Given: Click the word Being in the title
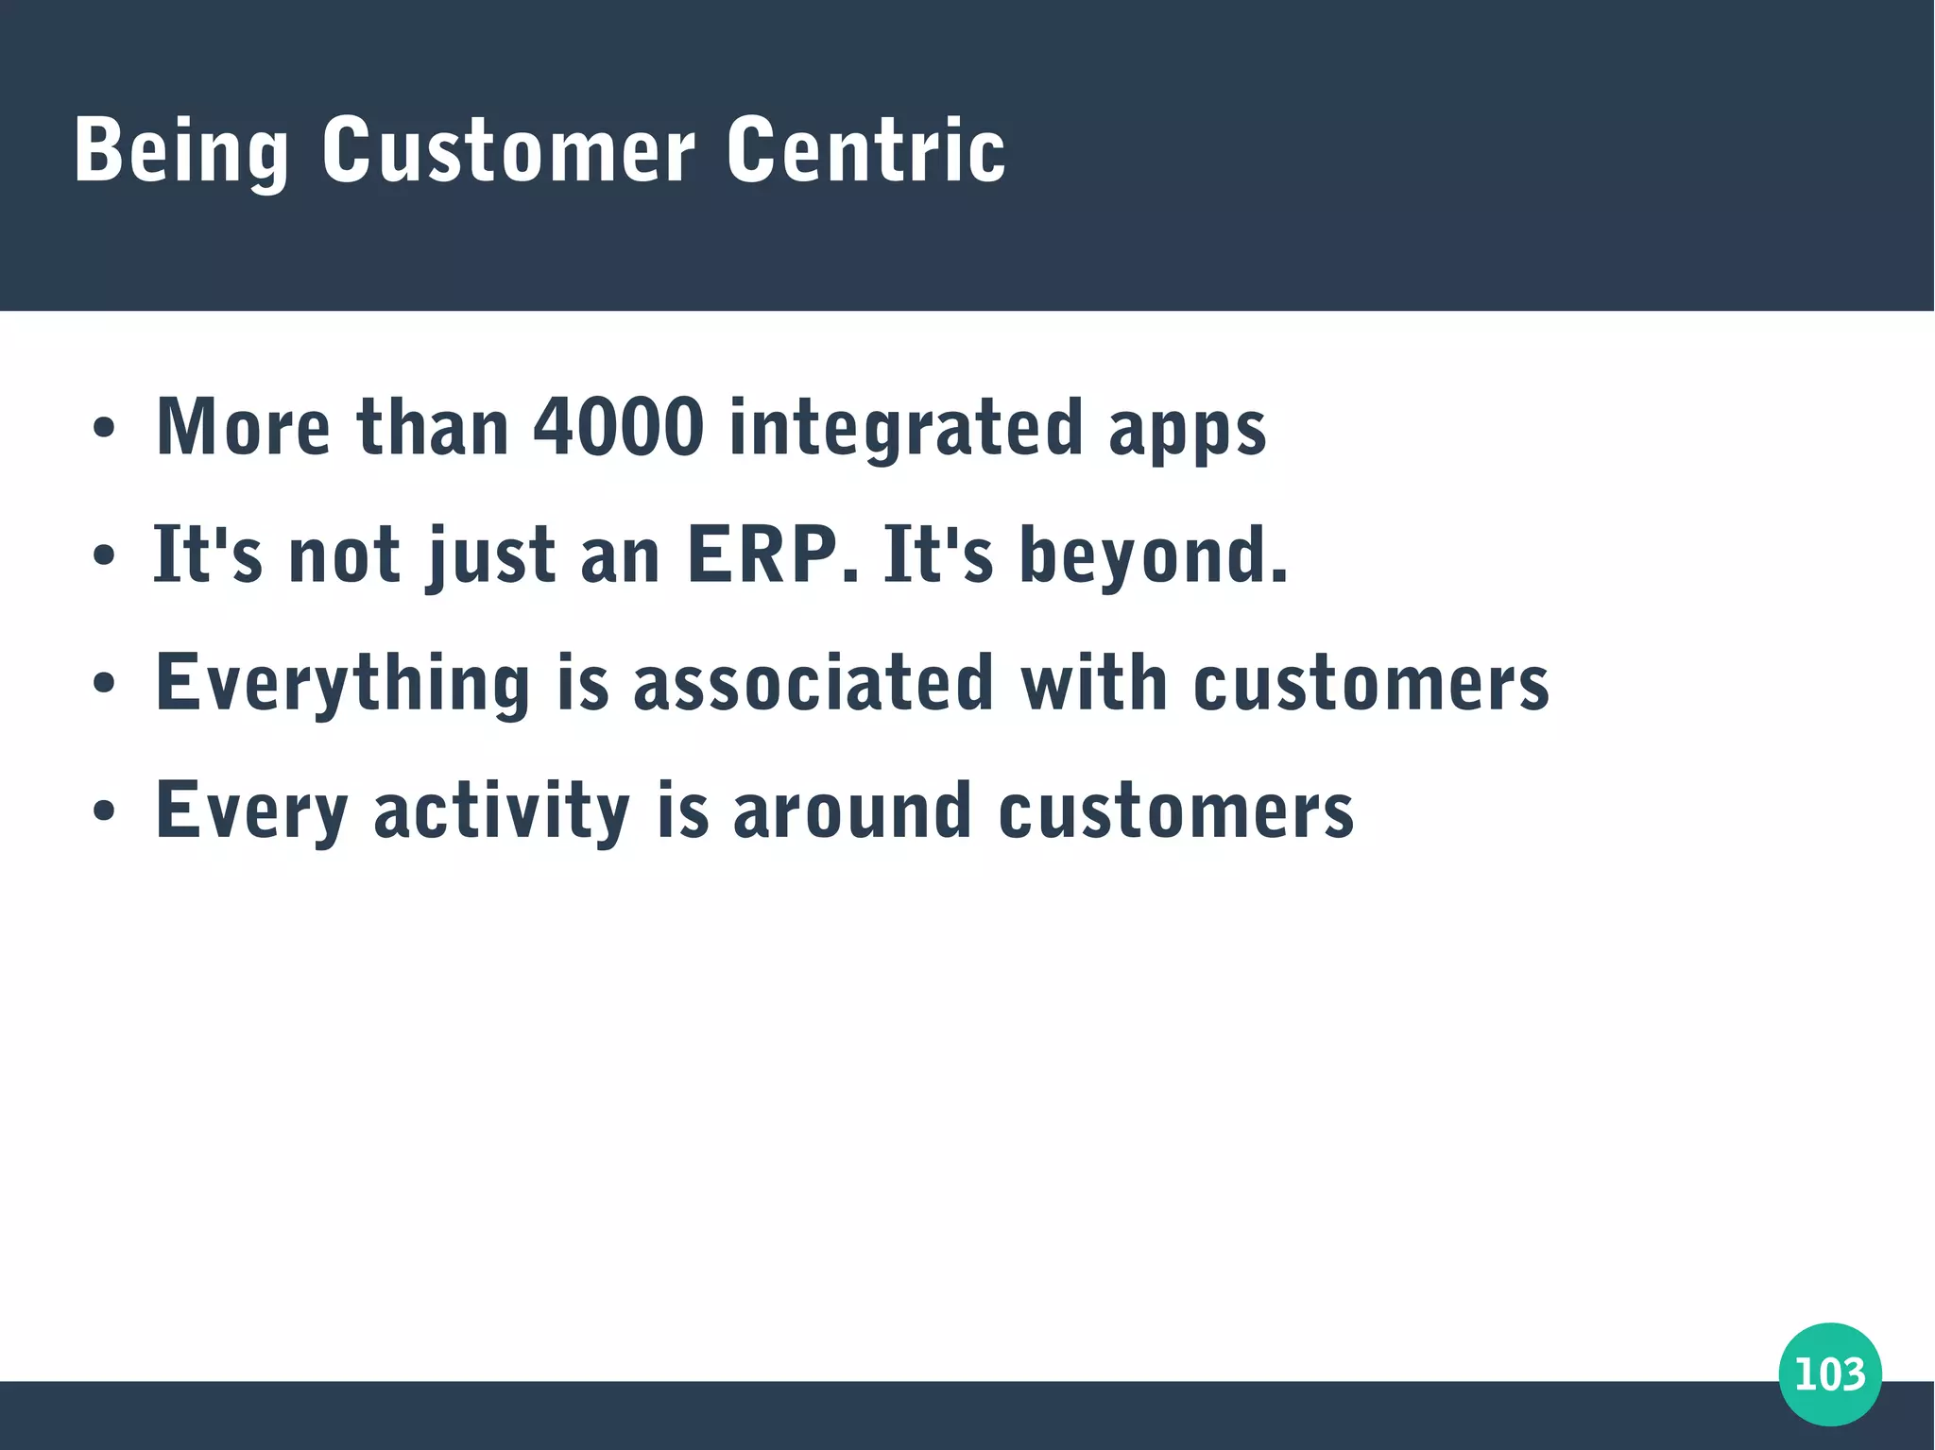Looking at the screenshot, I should [x=180, y=151].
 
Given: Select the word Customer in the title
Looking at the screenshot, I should [x=508, y=151].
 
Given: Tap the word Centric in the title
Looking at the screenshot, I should [x=865, y=151].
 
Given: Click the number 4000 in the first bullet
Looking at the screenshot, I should [x=619, y=427].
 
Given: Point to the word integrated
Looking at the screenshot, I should [x=905, y=427].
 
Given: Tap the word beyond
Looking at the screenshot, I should [x=1153, y=554].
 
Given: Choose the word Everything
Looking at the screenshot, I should [x=343, y=682].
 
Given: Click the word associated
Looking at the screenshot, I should [x=813, y=682].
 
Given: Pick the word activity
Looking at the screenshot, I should [x=502, y=810].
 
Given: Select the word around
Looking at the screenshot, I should [x=852, y=810].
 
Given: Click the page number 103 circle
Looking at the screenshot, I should [x=1829, y=1373].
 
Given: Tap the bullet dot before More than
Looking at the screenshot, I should [x=104, y=428].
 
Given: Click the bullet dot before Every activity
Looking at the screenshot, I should [x=104, y=810].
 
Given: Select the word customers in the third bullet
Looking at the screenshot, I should [x=1371, y=684].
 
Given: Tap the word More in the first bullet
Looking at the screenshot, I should [x=243, y=427].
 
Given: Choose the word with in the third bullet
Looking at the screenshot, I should [x=1093, y=682].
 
